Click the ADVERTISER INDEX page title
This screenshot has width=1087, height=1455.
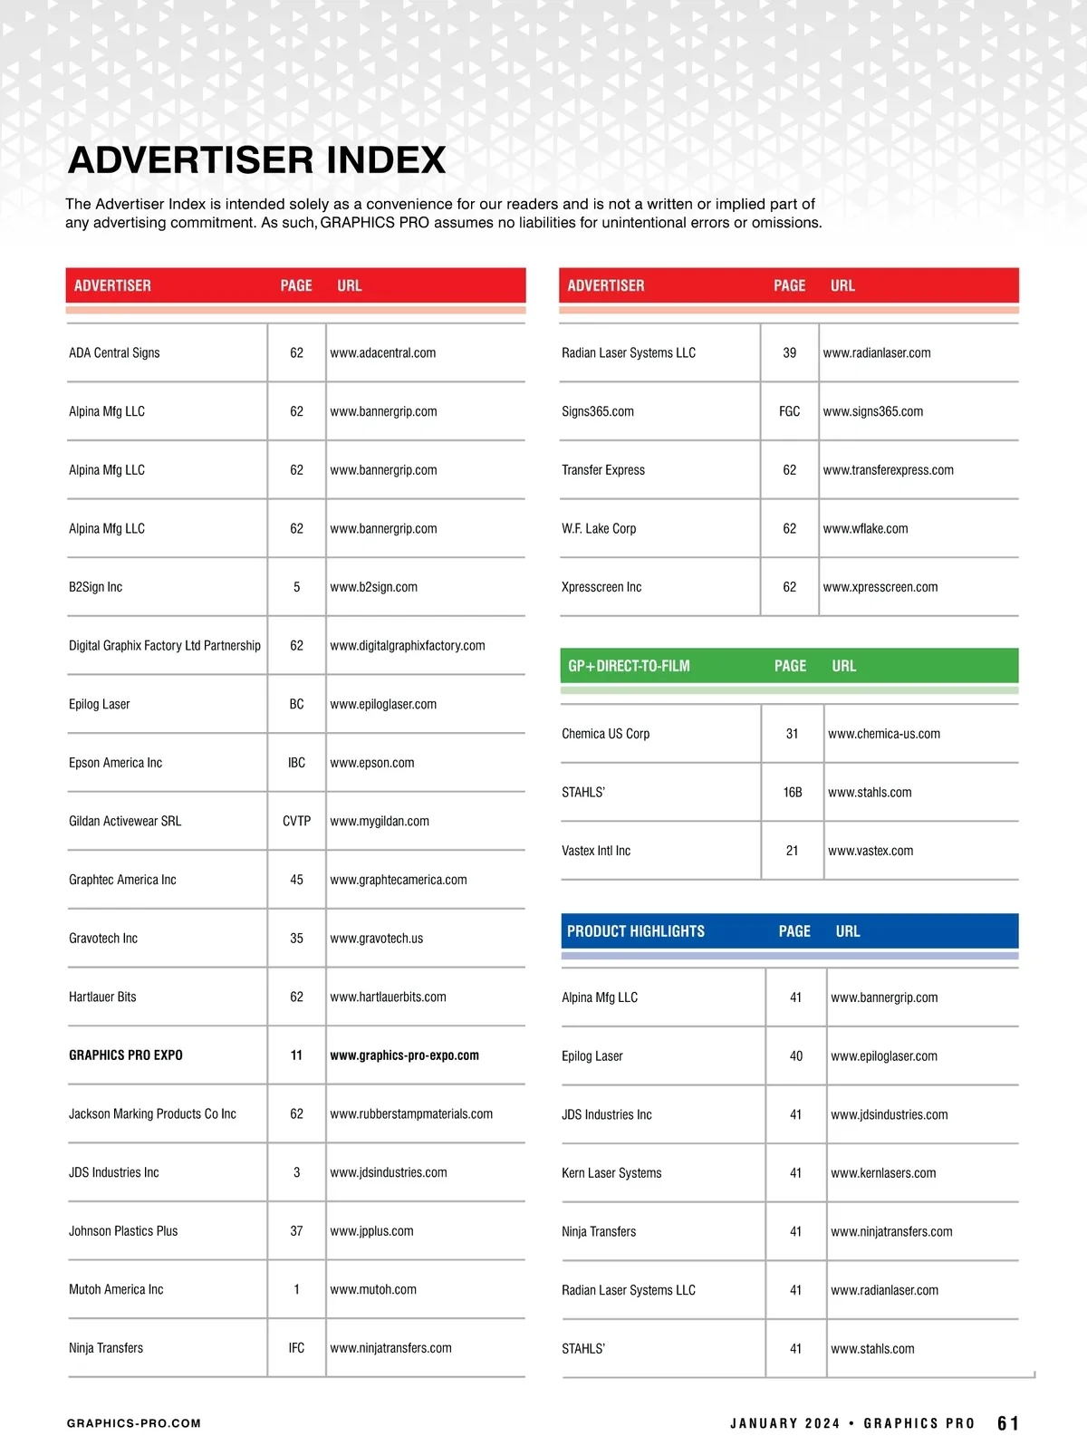(256, 160)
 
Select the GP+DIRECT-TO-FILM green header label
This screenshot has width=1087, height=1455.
(629, 666)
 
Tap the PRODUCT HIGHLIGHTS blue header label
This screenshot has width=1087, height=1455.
(636, 931)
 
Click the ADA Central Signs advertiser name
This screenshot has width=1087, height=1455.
(114, 353)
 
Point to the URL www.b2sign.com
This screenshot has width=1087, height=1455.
(373, 587)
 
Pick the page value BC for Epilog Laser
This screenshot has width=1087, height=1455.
(296, 704)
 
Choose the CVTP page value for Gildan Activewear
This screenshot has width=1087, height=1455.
(296, 821)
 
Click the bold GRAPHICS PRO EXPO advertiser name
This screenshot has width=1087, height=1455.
(126, 1055)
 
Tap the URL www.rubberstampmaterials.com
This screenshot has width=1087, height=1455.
(411, 1114)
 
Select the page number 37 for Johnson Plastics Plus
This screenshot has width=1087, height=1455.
(296, 1231)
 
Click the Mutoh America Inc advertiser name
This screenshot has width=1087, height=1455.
(116, 1289)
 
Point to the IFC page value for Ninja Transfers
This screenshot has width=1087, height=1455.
(296, 1348)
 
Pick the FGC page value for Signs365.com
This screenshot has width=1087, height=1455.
(789, 411)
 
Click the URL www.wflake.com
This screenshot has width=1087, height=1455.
(865, 529)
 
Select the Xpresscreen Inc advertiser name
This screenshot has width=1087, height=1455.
(601, 587)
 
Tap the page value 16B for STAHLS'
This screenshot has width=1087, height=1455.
(793, 793)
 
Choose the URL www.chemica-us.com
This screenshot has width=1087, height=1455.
(883, 734)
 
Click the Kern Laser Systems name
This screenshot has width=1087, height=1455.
(611, 1173)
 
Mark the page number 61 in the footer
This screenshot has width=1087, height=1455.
(1007, 1423)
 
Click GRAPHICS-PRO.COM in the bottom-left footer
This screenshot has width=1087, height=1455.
(134, 1423)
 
